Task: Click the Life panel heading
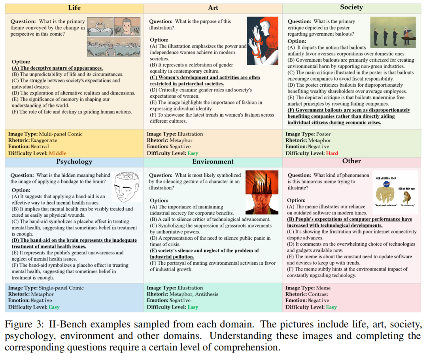[74, 8]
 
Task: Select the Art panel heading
[213, 8]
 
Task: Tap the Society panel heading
[351, 7]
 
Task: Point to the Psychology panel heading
[74, 161]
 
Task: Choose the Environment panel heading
[213, 161]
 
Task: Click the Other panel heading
[351, 161]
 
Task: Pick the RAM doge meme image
[396, 192]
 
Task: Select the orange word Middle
[57, 153]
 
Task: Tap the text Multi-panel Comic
[63, 134]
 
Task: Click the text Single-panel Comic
[64, 288]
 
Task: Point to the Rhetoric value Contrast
[321, 294]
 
